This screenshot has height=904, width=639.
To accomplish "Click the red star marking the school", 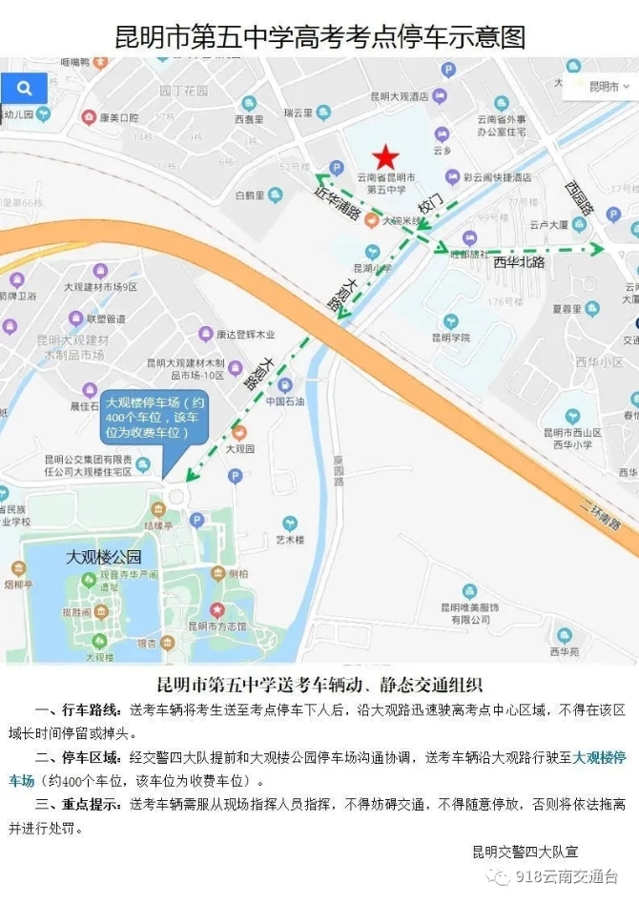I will click(385, 156).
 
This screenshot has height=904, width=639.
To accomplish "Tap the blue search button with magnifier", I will click(24, 89).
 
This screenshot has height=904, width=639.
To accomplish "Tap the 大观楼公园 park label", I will click(103, 557).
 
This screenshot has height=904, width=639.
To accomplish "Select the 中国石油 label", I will click(283, 401).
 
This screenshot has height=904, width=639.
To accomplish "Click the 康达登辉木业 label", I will click(245, 334).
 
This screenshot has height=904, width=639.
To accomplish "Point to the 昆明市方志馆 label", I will click(217, 626).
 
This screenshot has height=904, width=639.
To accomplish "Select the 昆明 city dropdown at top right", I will click(602, 87).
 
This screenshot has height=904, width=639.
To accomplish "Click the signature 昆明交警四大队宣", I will click(526, 852).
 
